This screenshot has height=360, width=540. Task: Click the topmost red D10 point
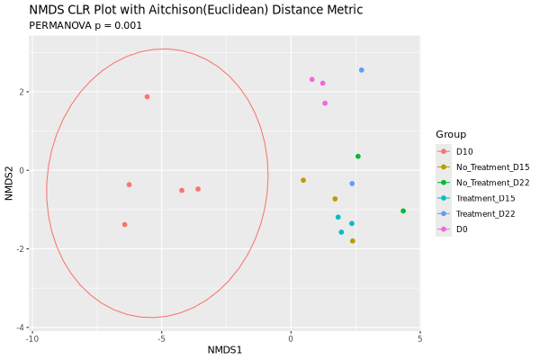click(x=147, y=96)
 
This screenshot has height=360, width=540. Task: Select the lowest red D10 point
click(x=124, y=224)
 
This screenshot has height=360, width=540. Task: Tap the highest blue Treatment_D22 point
click(x=362, y=70)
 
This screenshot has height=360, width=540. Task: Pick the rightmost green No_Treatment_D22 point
click(x=403, y=211)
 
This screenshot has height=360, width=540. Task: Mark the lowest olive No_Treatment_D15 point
click(x=353, y=241)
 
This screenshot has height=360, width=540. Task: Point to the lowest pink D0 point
click(x=325, y=103)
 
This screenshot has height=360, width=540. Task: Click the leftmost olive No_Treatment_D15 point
click(x=303, y=180)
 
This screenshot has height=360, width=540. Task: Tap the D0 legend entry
click(x=462, y=229)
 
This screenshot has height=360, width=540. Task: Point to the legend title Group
click(x=451, y=134)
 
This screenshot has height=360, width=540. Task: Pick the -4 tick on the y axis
click(x=20, y=328)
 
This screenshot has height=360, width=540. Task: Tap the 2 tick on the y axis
click(x=22, y=92)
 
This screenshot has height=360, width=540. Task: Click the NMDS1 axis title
click(x=226, y=349)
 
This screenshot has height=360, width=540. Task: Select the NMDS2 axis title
click(x=9, y=180)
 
